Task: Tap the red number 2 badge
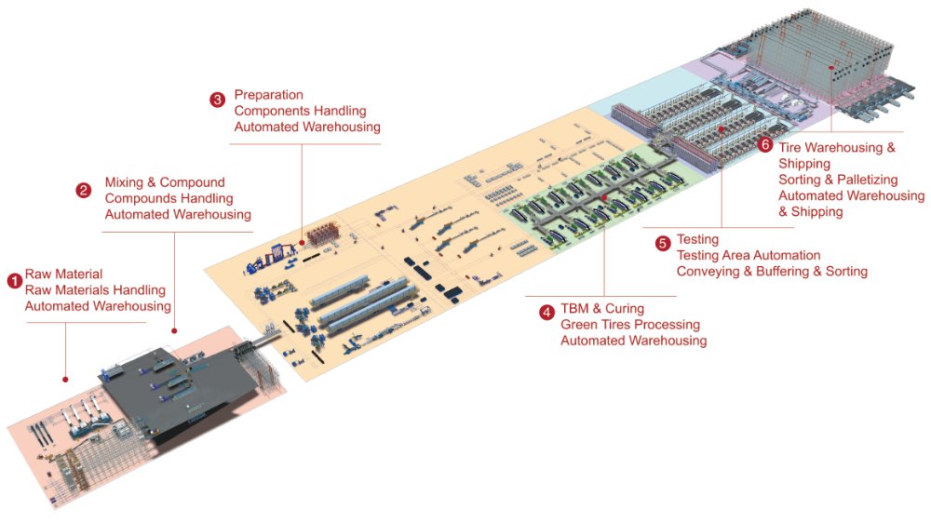pyautogui.click(x=84, y=191)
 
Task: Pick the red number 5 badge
pyautogui.click(x=663, y=245)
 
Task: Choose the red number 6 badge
pyautogui.click(x=765, y=145)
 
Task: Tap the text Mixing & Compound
pyautogui.click(x=165, y=182)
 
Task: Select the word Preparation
pyautogui.click(x=269, y=95)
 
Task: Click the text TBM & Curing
pyautogui.click(x=601, y=308)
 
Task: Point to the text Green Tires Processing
pyautogui.click(x=630, y=325)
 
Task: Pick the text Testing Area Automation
pyautogui.click(x=749, y=255)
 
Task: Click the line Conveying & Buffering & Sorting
pyautogui.click(x=772, y=271)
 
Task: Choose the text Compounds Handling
pyautogui.click(x=169, y=198)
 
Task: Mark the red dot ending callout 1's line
pyautogui.click(x=65, y=380)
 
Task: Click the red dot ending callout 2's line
pyautogui.click(x=175, y=330)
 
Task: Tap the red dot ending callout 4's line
pyautogui.click(x=604, y=198)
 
